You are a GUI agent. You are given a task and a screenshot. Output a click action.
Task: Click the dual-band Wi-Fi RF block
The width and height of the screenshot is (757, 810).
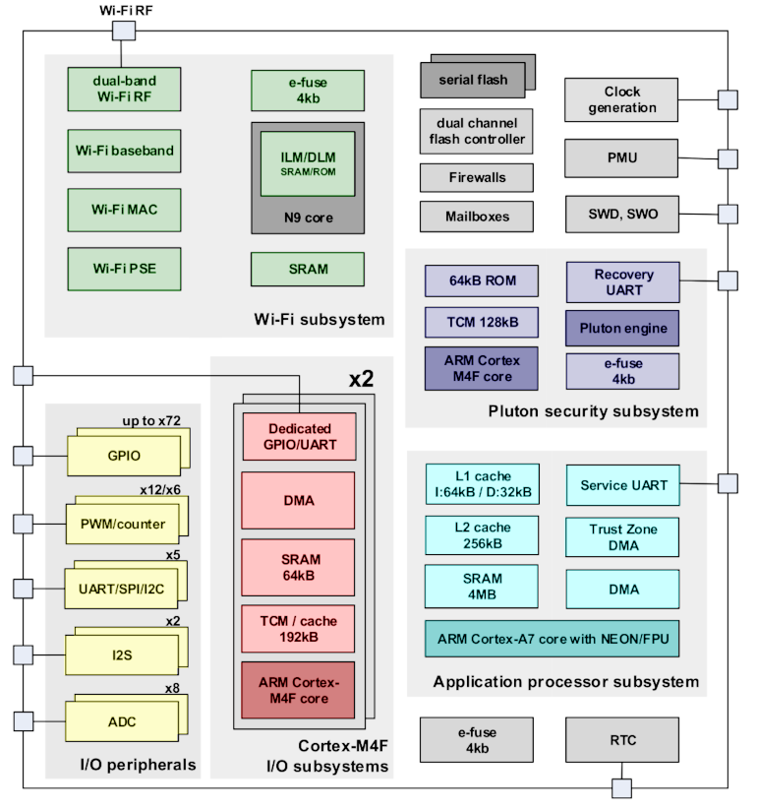coord(124,89)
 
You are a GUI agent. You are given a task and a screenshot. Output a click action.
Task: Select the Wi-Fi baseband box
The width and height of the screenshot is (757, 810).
coord(124,151)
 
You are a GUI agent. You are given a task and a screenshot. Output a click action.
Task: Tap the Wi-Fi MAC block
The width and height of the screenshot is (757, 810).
coord(124,210)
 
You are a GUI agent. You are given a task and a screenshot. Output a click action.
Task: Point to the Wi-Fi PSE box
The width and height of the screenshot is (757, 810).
coord(124,269)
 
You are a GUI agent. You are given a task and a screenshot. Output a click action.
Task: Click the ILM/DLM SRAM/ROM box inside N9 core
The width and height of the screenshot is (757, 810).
coord(308,163)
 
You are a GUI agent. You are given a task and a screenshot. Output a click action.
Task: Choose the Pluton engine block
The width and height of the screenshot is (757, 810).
coord(622,328)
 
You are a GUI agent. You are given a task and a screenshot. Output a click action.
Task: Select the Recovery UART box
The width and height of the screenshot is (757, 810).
coord(622,281)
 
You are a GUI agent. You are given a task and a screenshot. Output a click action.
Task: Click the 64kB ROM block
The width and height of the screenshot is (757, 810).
coord(482,281)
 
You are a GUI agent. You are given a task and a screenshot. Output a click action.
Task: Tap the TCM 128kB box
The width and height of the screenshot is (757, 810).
coord(482,321)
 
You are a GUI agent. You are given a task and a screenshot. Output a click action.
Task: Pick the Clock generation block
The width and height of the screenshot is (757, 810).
coord(622,100)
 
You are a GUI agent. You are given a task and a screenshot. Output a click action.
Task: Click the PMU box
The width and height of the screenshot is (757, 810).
coord(622,157)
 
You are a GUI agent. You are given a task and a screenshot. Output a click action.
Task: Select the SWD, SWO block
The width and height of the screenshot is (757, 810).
coord(622,214)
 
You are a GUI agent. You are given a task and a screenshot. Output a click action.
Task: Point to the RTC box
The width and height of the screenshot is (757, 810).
coord(622,740)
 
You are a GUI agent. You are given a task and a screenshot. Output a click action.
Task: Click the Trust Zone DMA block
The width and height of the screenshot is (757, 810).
coord(622,536)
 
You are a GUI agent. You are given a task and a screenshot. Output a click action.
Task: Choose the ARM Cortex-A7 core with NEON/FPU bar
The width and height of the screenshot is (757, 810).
coord(552,639)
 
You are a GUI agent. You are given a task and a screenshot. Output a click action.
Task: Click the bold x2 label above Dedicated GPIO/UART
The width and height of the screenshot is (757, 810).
coord(361,379)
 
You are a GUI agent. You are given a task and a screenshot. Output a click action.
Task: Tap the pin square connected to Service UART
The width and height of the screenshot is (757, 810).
coord(728,483)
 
